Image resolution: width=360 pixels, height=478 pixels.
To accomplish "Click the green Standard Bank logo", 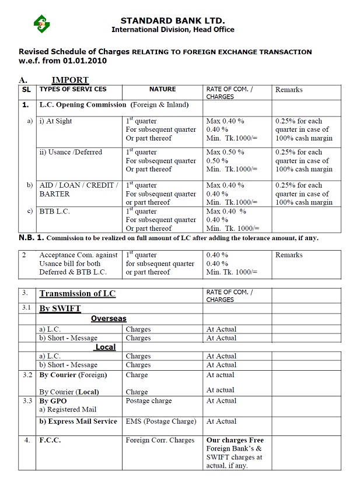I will pyautogui.click(x=41, y=24).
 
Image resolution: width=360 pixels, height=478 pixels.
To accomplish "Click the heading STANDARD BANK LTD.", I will pyautogui.click(x=173, y=20).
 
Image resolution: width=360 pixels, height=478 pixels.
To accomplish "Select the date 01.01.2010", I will pyautogui.click(x=83, y=60).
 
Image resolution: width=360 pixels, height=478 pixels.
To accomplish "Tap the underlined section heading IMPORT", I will pyautogui.click(x=70, y=80).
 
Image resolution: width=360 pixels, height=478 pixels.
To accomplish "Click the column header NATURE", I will pyautogui.click(x=162, y=89).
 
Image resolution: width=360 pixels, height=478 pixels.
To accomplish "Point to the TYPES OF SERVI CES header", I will pyautogui.click(x=72, y=89).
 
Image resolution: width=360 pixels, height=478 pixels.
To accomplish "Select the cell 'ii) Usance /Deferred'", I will pyautogui.click(x=71, y=152).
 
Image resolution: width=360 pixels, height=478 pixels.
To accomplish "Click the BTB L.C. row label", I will pyautogui.click(x=54, y=211).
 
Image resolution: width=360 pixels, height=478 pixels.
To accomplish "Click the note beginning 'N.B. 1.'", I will pyautogui.click(x=169, y=238).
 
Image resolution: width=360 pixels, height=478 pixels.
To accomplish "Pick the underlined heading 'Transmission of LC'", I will pyautogui.click(x=77, y=294).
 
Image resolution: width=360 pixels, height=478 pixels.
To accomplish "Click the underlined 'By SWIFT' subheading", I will pyautogui.click(x=60, y=308).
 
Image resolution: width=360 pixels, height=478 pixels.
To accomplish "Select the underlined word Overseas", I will pyautogui.click(x=109, y=319).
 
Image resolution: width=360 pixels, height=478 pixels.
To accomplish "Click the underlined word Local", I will pyautogui.click(x=105, y=347).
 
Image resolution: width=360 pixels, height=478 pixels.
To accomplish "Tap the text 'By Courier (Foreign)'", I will pyautogui.click(x=73, y=375).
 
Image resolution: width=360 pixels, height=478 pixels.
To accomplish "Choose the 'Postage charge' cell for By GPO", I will pyautogui.click(x=149, y=401).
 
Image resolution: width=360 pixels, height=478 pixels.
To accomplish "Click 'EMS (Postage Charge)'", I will pyautogui.click(x=161, y=421).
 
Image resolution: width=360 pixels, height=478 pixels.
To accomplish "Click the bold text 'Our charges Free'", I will pyautogui.click(x=235, y=440).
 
